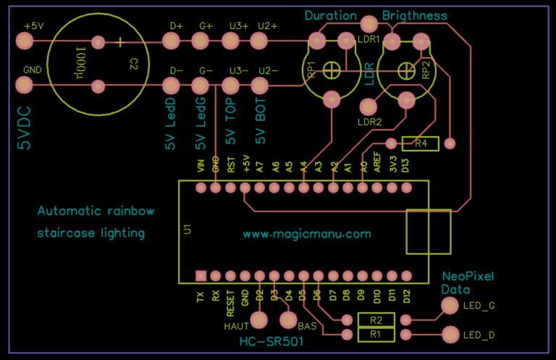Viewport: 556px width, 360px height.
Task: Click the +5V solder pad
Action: point(25,43)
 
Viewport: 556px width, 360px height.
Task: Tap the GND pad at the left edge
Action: point(25,86)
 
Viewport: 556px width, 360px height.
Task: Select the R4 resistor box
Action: point(421,143)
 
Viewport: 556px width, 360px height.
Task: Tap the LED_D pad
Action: point(450,335)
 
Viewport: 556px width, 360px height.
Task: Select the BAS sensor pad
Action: point(288,319)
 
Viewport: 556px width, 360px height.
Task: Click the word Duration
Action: point(331,15)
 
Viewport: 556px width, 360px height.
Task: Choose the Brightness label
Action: point(414,15)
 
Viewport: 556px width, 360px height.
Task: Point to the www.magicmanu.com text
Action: point(306,234)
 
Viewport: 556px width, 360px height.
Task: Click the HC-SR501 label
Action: point(271,341)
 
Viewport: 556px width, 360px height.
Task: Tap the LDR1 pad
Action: point(368,24)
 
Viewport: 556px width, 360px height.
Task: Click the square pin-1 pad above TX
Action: point(201,275)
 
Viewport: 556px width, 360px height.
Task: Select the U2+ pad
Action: point(266,43)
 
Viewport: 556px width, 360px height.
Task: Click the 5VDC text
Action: point(25,129)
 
